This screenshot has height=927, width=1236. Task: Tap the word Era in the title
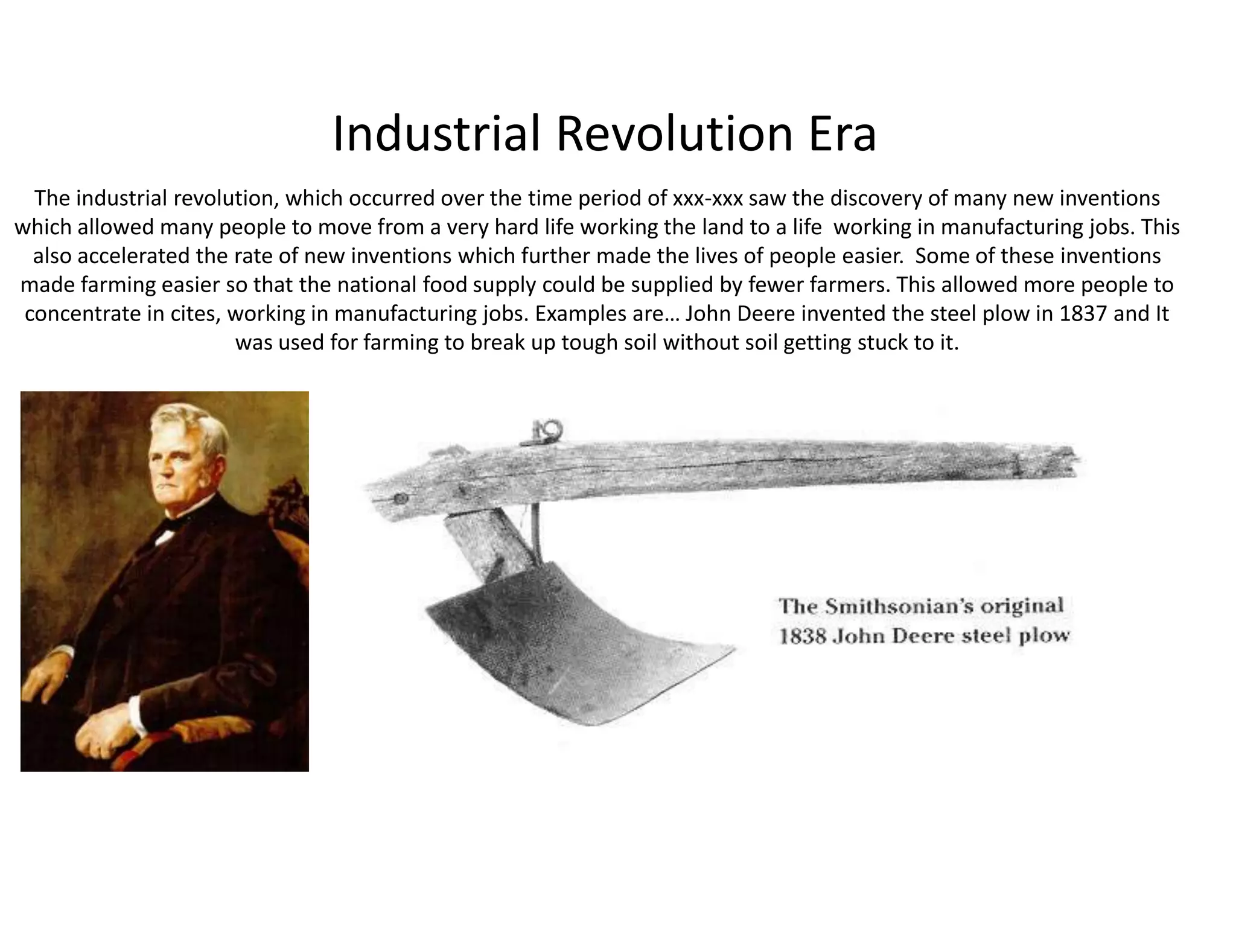[x=842, y=134]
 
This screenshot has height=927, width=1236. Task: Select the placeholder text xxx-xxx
[x=708, y=198]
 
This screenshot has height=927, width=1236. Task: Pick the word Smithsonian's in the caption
[x=899, y=606]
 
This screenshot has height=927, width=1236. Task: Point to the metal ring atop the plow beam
[x=550, y=430]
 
